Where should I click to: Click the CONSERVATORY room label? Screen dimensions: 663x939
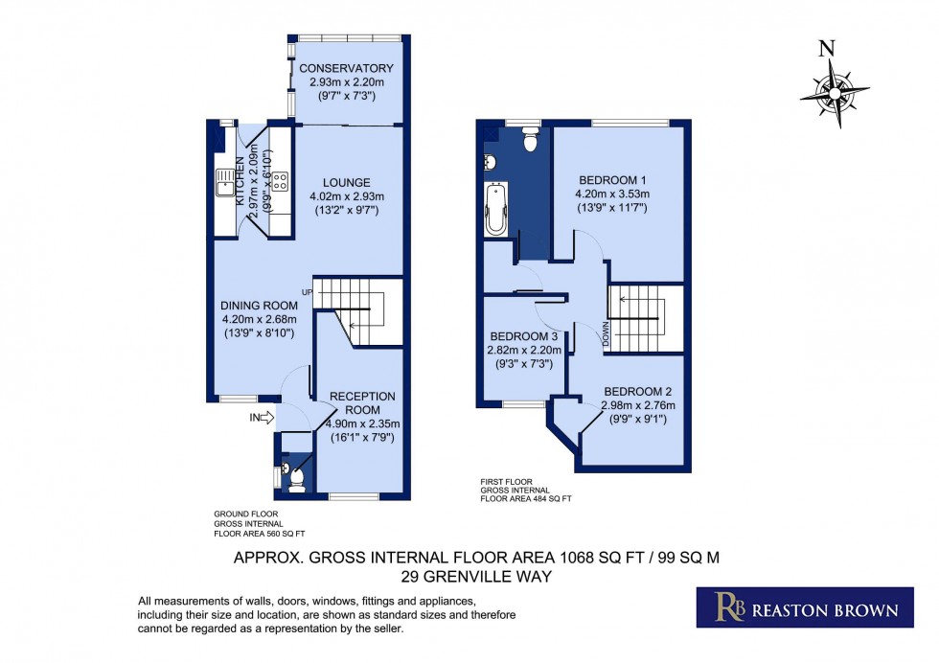tap(347, 68)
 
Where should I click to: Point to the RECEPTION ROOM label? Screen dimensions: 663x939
tap(362, 396)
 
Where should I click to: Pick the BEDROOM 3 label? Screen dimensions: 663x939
tap(523, 336)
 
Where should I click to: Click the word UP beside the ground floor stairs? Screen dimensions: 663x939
tap(307, 291)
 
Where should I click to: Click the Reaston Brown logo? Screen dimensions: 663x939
tap(804, 607)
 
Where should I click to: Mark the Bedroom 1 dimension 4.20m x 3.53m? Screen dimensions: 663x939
tap(613, 194)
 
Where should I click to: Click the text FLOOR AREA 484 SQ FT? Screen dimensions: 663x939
tap(526, 498)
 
